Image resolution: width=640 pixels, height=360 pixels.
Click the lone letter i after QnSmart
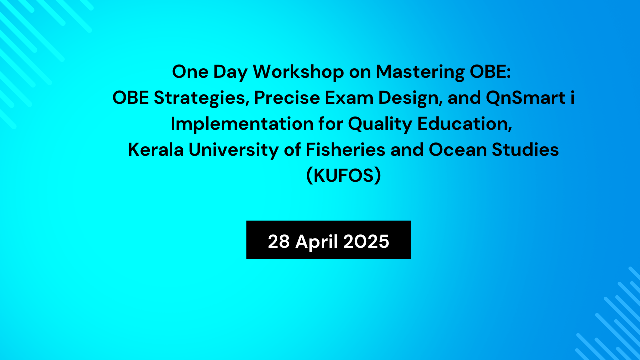[x=572, y=98]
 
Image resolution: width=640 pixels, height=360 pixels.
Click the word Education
[x=466, y=124]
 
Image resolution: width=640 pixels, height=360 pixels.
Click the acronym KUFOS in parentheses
[x=343, y=176]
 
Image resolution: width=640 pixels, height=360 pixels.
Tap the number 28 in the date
[x=279, y=242]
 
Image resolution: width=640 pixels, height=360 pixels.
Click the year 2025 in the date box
[x=366, y=242]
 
